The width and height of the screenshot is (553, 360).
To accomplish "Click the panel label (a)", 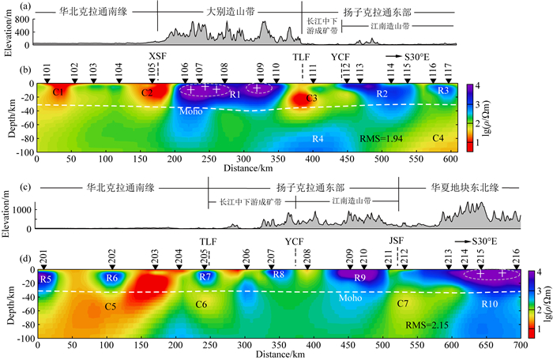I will [49, 7].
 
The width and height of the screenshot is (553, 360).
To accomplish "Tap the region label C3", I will [312, 99].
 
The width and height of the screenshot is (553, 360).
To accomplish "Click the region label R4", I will [318, 140].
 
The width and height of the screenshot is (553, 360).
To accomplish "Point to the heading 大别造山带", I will [230, 13].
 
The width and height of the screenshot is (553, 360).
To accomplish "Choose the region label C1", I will [58, 93].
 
